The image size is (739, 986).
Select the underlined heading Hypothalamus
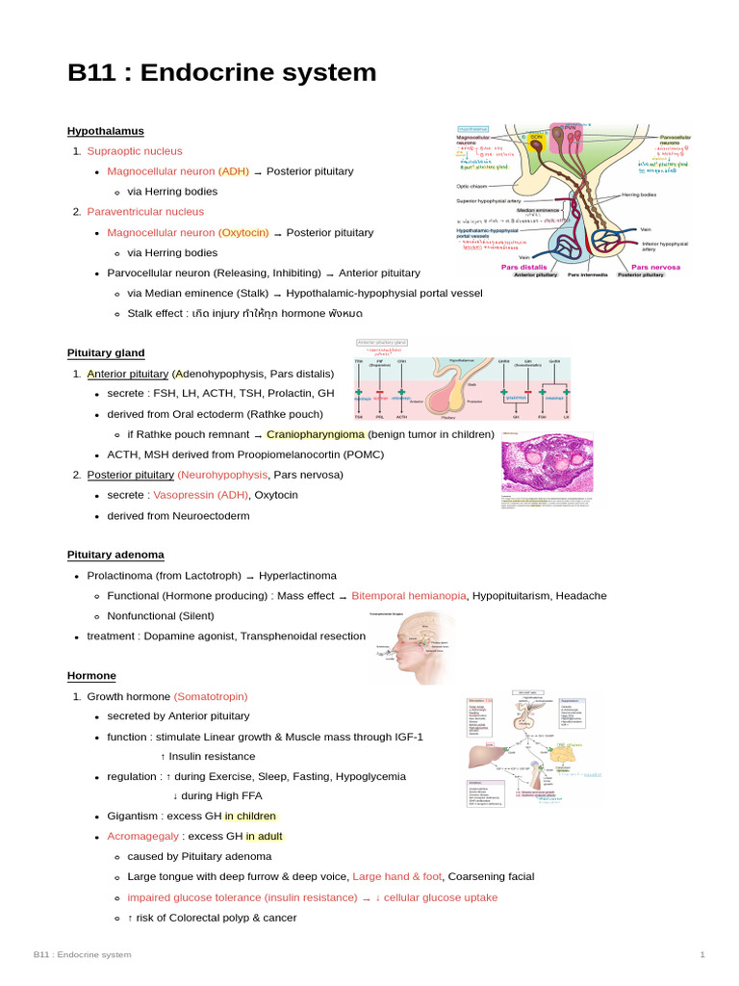click(105, 131)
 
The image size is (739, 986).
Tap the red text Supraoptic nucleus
click(134, 151)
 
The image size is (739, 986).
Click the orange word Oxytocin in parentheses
click(243, 232)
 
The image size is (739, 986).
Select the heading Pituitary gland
click(106, 353)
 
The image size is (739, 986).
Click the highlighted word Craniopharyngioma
click(316, 434)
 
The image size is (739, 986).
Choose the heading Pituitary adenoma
click(115, 555)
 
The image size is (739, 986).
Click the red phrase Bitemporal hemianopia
click(409, 596)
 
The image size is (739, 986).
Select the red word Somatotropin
click(211, 696)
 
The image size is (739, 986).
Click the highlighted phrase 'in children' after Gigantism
click(250, 816)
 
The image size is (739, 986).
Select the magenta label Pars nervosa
click(655, 267)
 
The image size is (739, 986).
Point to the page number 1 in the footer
click(702, 954)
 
